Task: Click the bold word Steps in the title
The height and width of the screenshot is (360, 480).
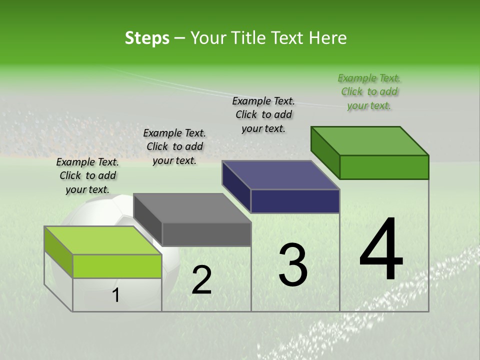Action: coord(147,38)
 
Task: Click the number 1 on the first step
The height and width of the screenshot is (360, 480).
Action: coord(116,295)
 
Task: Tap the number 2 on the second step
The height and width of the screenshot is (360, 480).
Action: coord(201,280)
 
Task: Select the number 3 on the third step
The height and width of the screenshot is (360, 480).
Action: coord(293,265)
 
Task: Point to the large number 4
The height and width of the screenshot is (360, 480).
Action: coord(381,250)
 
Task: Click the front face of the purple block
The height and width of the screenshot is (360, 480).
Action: coord(295,201)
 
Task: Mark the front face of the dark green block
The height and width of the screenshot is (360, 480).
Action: coord(384,167)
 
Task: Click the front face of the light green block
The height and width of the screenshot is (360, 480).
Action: coord(117,266)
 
